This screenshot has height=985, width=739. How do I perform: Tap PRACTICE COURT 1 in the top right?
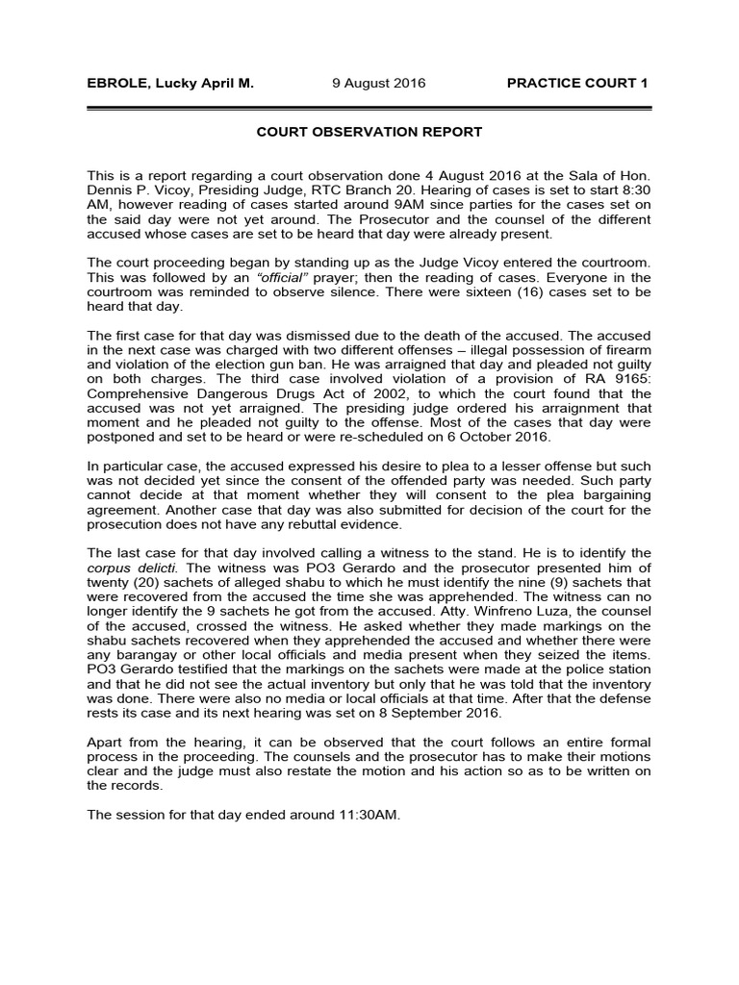(577, 84)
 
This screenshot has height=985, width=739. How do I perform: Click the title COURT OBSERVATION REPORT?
(369, 132)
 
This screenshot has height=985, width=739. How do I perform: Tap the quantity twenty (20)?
(122, 582)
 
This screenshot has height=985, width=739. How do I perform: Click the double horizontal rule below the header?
(369, 109)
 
